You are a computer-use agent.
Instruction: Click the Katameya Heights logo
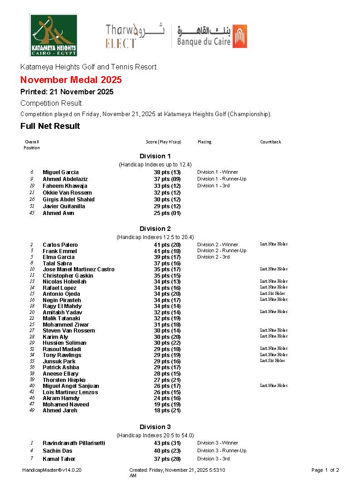pos(53,35)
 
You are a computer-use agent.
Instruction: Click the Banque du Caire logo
pos(212,36)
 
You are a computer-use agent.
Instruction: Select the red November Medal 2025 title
pos(71,80)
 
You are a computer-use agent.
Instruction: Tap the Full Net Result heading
pos(50,126)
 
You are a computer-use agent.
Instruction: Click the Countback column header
pos(271,142)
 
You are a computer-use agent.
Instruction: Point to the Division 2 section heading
pos(155,229)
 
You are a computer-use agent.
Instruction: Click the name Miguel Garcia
pos(61,172)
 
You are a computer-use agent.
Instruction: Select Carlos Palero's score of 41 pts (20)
pos(167,245)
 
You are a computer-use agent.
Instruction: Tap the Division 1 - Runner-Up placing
pos(222,179)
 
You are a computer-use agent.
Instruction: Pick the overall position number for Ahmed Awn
pos(32,213)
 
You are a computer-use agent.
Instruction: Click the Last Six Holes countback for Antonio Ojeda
pos(272,294)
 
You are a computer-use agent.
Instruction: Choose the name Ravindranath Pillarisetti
pos(74,443)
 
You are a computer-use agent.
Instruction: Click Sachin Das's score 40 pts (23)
pos(167,451)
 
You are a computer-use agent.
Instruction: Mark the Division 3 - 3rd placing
pos(214,459)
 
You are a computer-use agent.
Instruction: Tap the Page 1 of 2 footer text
pos(325,470)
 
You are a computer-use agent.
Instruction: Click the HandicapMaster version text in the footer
pos(52,470)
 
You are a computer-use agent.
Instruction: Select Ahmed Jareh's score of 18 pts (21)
pos(167,411)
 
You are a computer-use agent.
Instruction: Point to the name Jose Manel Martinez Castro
pos(78,269)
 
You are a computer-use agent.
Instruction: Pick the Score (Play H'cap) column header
pos(163,142)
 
